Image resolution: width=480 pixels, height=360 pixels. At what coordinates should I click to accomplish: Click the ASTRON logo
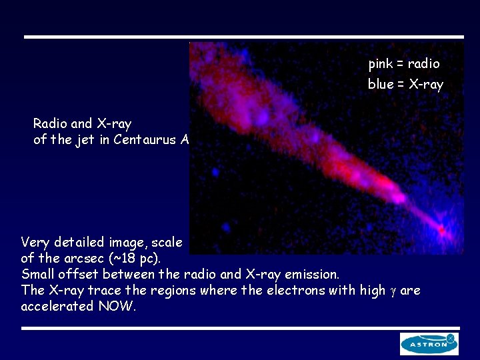429,343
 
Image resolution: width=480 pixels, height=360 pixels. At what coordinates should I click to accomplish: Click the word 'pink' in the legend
380,64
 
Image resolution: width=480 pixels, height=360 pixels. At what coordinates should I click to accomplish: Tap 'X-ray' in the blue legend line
425,84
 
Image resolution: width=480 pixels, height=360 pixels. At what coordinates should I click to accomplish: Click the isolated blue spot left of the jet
216,172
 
